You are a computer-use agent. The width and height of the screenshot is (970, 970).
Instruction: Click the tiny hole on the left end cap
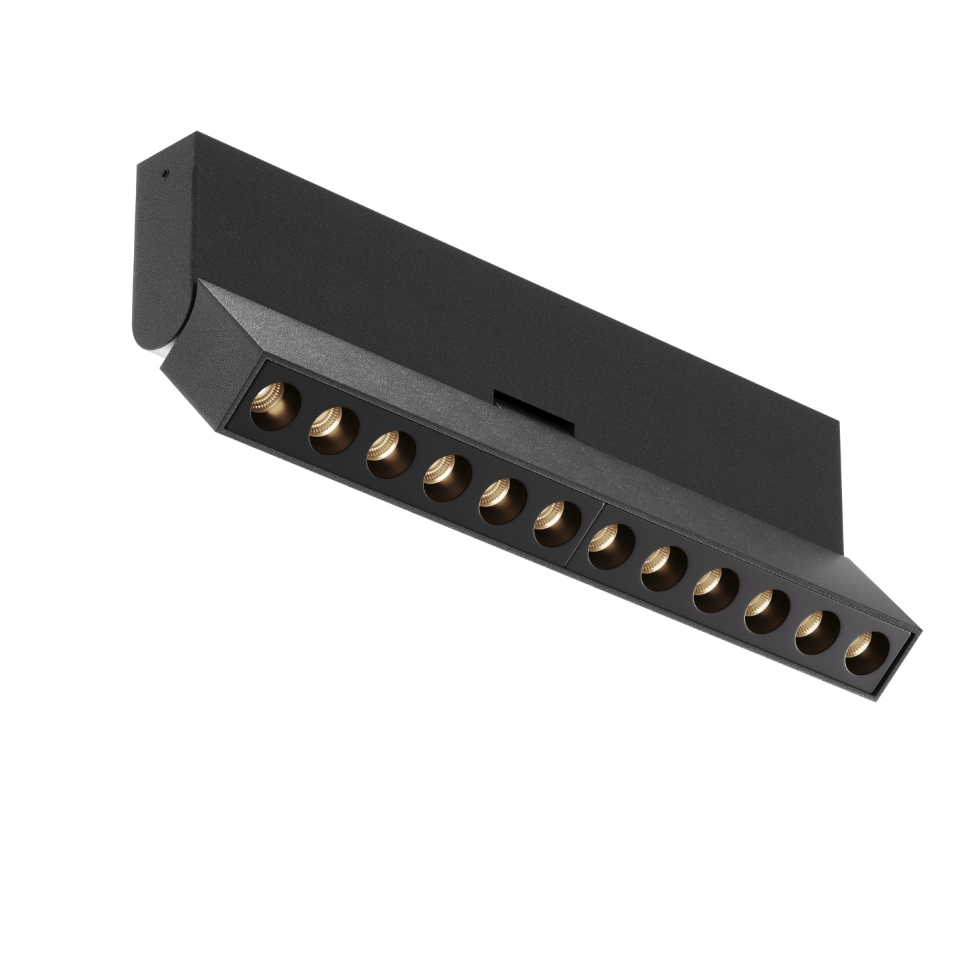tap(166, 173)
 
